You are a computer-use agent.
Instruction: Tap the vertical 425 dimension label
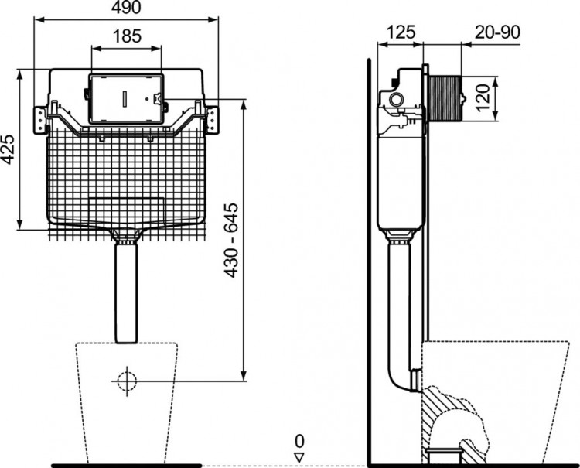coord(9,148)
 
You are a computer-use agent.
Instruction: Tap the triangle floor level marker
coord(299,455)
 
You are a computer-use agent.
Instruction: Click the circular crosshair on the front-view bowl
coord(126,380)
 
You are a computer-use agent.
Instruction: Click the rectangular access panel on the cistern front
coord(127,99)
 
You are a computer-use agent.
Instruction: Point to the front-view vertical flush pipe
coord(126,291)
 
